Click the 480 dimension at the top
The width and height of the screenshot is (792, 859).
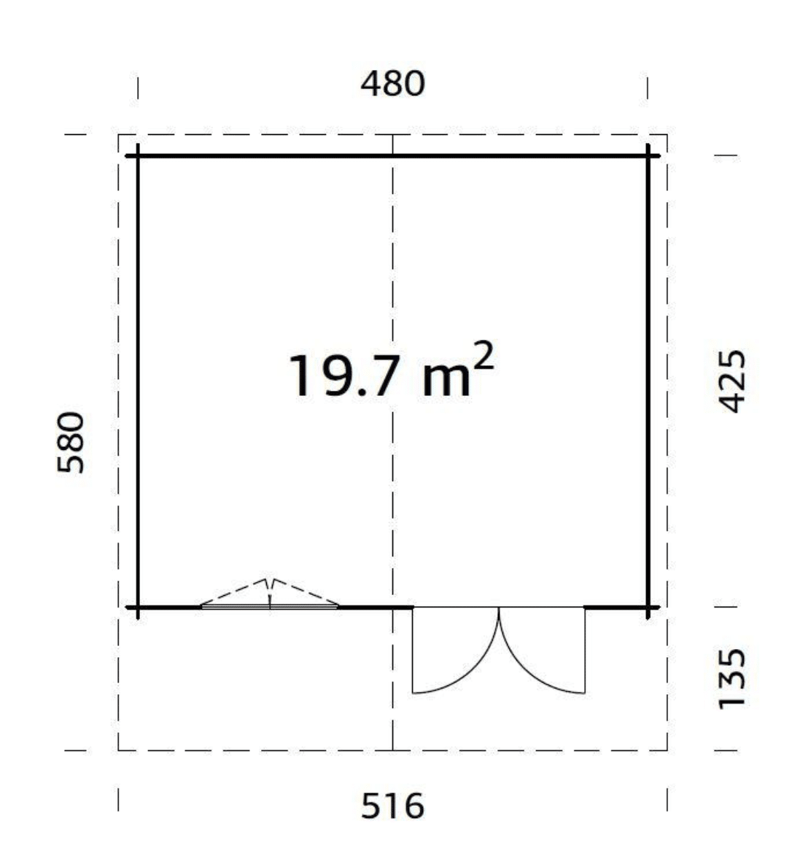coord(392,84)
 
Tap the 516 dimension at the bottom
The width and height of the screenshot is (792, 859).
coord(392,806)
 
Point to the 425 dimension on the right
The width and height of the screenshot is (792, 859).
coord(729,381)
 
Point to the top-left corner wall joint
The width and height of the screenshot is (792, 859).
coord(138,156)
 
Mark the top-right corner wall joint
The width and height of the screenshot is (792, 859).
coord(648,156)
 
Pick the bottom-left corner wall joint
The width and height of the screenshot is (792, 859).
coord(138,607)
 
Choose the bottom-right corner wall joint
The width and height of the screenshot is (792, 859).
coord(648,607)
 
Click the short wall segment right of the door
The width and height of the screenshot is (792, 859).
coord(616,607)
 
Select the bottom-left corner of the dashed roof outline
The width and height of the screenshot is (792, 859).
coord(118,750)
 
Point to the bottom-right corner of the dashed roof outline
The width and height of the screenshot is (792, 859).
coord(667,750)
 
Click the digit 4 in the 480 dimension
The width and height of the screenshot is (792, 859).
coord(372,84)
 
